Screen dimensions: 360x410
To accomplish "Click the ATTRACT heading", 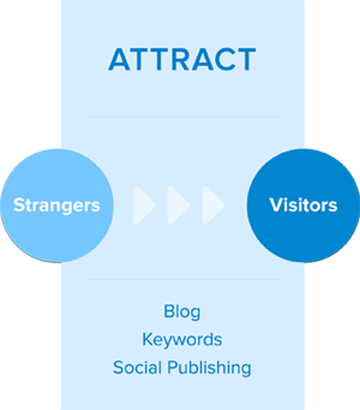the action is pos(182,59).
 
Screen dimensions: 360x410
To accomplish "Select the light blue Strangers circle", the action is pos(57,205).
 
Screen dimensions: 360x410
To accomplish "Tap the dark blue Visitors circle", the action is pos(303,205).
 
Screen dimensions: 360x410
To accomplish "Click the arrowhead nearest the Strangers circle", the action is pos(144,205).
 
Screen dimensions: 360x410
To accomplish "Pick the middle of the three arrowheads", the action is pos(178,205).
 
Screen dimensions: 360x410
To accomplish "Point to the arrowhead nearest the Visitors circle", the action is pos(213,205).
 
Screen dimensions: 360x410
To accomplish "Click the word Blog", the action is pos(182,312).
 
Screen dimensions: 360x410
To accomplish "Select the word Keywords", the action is pos(182,340).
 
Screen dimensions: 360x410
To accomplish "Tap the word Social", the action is pos(138,368).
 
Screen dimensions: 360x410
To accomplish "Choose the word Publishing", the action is pos(209,368).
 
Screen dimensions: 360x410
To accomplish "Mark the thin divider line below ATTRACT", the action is pos(183,116).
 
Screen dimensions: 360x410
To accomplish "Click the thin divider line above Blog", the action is pos(183,279).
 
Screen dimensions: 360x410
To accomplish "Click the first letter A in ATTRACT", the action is pos(119,59).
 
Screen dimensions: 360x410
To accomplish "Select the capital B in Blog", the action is pos(169,312).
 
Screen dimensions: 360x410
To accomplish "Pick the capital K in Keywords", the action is pos(148,339).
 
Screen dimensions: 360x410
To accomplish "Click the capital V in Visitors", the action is pos(277,205).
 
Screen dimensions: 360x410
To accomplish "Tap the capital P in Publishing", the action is pos(173,367).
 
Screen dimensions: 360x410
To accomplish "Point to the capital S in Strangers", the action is pos(19,205).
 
